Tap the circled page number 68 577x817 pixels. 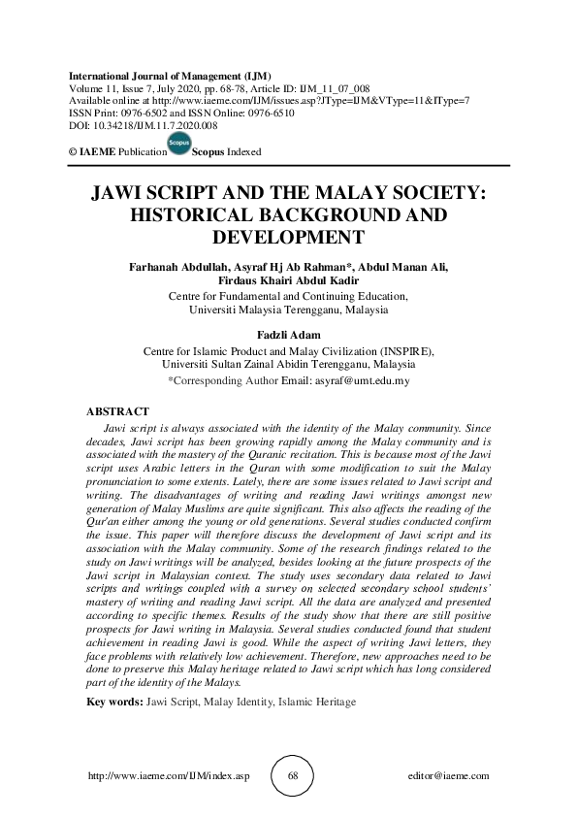288,776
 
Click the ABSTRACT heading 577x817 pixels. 117,412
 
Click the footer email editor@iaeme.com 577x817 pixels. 450,776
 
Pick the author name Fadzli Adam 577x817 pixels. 288,336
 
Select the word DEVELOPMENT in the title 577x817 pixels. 288,237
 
